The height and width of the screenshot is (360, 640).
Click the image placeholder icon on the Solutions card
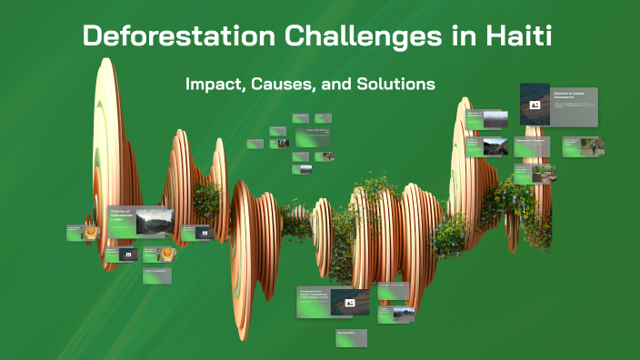pyautogui.click(x=535, y=105)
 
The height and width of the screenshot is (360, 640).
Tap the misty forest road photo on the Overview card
pyautogui.click(x=155, y=220)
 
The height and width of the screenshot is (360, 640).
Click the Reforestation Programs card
pyautogui.click(x=531, y=145)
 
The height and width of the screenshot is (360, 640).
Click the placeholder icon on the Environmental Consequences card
pyautogui.click(x=349, y=303)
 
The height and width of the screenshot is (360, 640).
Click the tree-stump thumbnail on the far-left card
pyautogui.click(x=92, y=233)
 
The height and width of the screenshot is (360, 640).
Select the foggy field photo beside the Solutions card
pyautogui.click(x=495, y=119)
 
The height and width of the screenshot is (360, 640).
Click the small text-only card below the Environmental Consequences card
pyautogui.click(x=351, y=336)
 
